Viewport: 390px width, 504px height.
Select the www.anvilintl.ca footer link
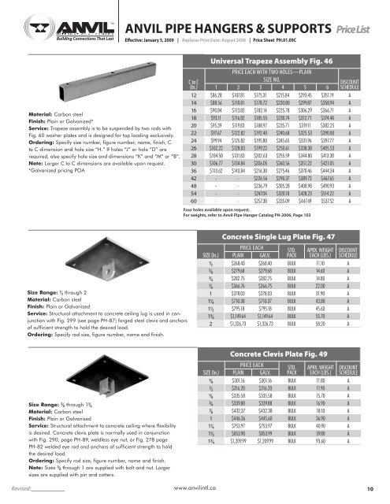pos(195,488)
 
